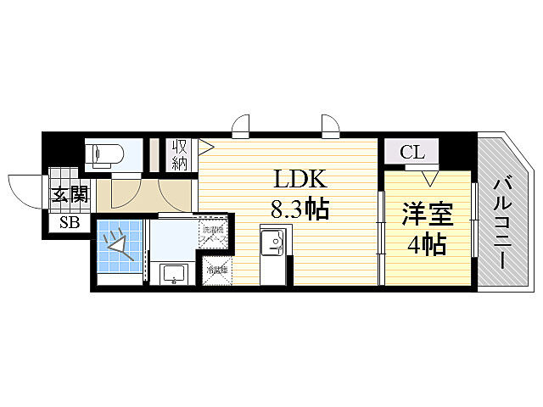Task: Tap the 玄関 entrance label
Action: point(70,193)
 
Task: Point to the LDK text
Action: point(296,179)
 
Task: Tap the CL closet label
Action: point(412,153)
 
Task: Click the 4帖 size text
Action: point(425,245)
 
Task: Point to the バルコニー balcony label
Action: point(501,222)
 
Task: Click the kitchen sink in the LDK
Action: point(274,244)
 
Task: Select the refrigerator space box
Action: point(213,271)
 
